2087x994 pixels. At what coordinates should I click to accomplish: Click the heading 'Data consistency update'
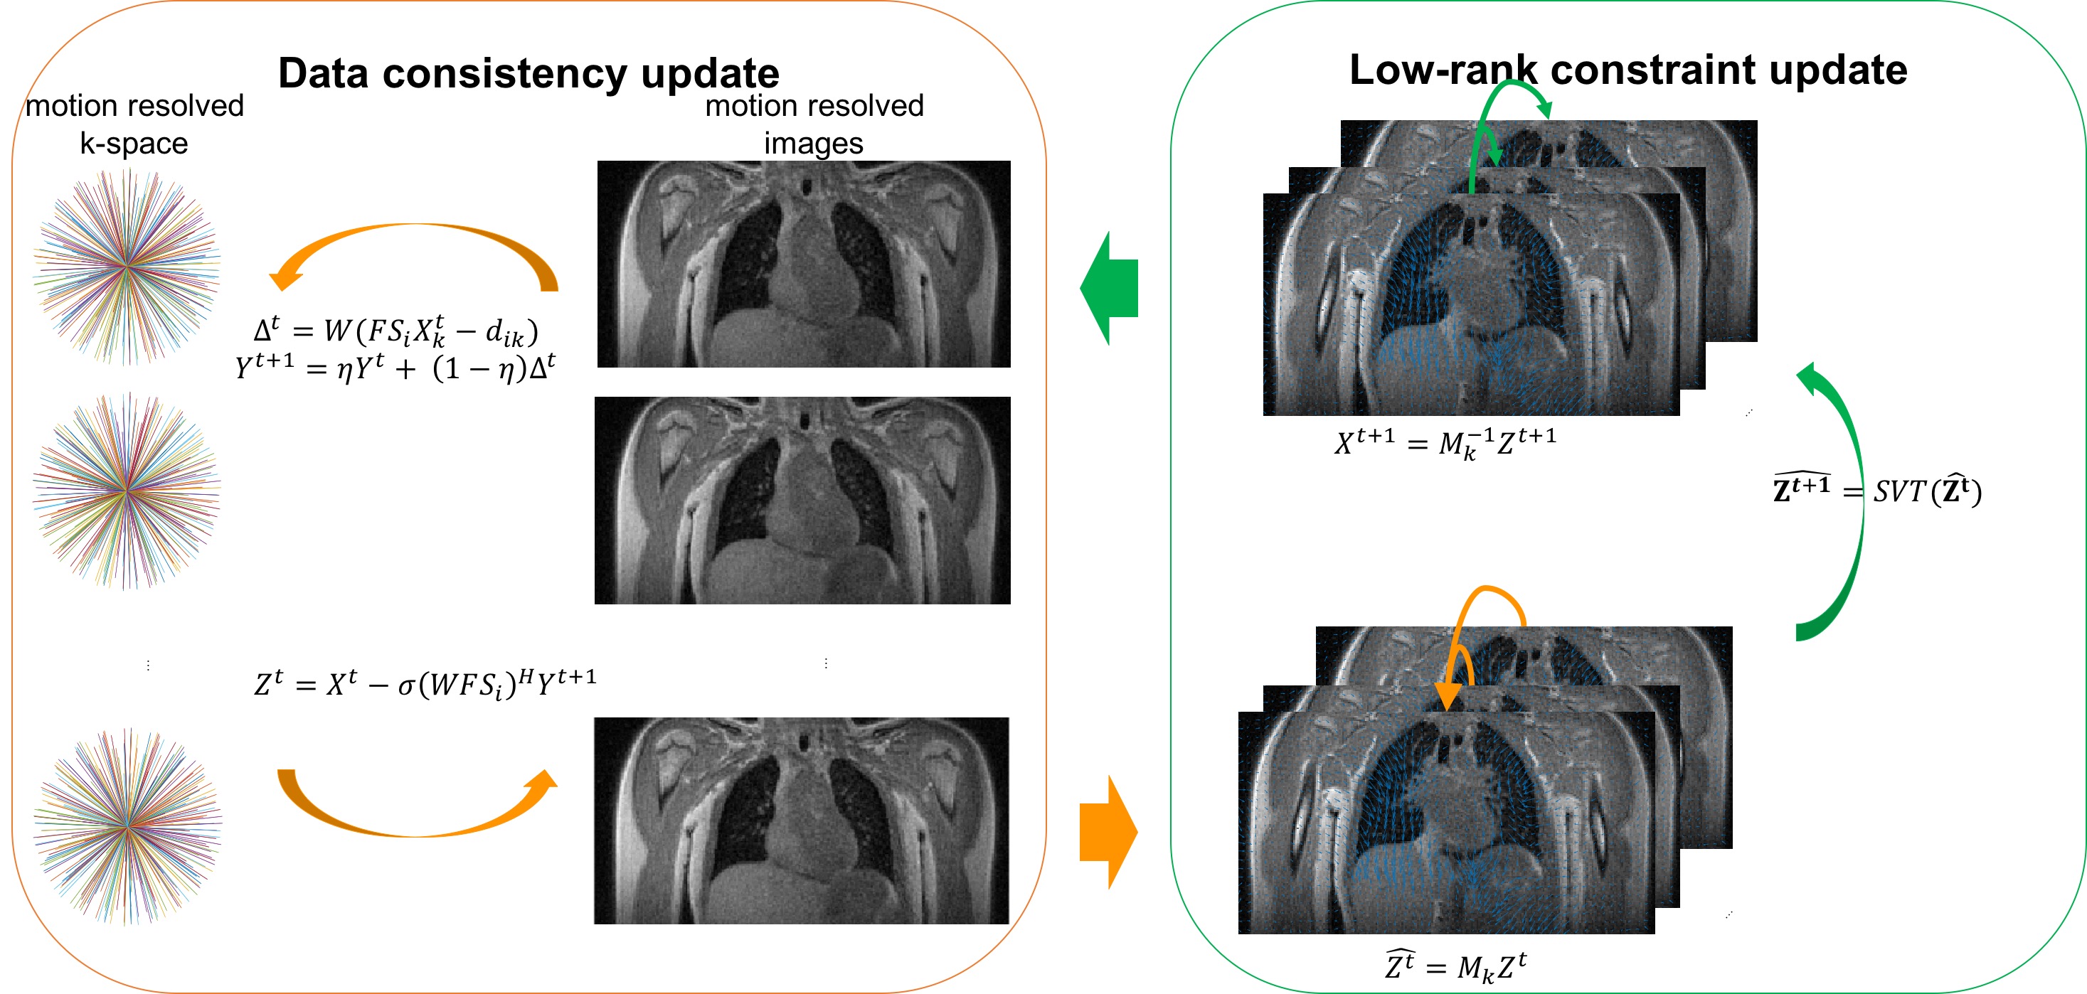529,73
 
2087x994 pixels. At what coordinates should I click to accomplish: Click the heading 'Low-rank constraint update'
1627,70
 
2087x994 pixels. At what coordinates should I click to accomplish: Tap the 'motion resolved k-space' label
134,124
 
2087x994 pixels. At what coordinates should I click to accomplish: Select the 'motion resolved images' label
814,124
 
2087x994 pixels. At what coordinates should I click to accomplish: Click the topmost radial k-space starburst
127,266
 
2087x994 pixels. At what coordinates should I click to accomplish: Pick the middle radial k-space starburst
127,491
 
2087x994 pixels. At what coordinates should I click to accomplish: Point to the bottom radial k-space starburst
127,826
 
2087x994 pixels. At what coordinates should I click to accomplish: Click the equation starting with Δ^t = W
395,331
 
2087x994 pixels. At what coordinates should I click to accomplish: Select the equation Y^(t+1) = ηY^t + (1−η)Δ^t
395,368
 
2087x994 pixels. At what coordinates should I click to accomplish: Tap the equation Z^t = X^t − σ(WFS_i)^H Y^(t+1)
425,683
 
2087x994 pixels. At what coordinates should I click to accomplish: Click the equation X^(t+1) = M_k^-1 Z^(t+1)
1445,443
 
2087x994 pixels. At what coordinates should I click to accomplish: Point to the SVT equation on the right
1877,490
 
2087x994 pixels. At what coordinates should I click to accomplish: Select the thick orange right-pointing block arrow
1109,832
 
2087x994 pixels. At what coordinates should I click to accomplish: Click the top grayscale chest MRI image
804,264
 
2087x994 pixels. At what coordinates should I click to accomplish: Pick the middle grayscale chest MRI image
802,501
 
